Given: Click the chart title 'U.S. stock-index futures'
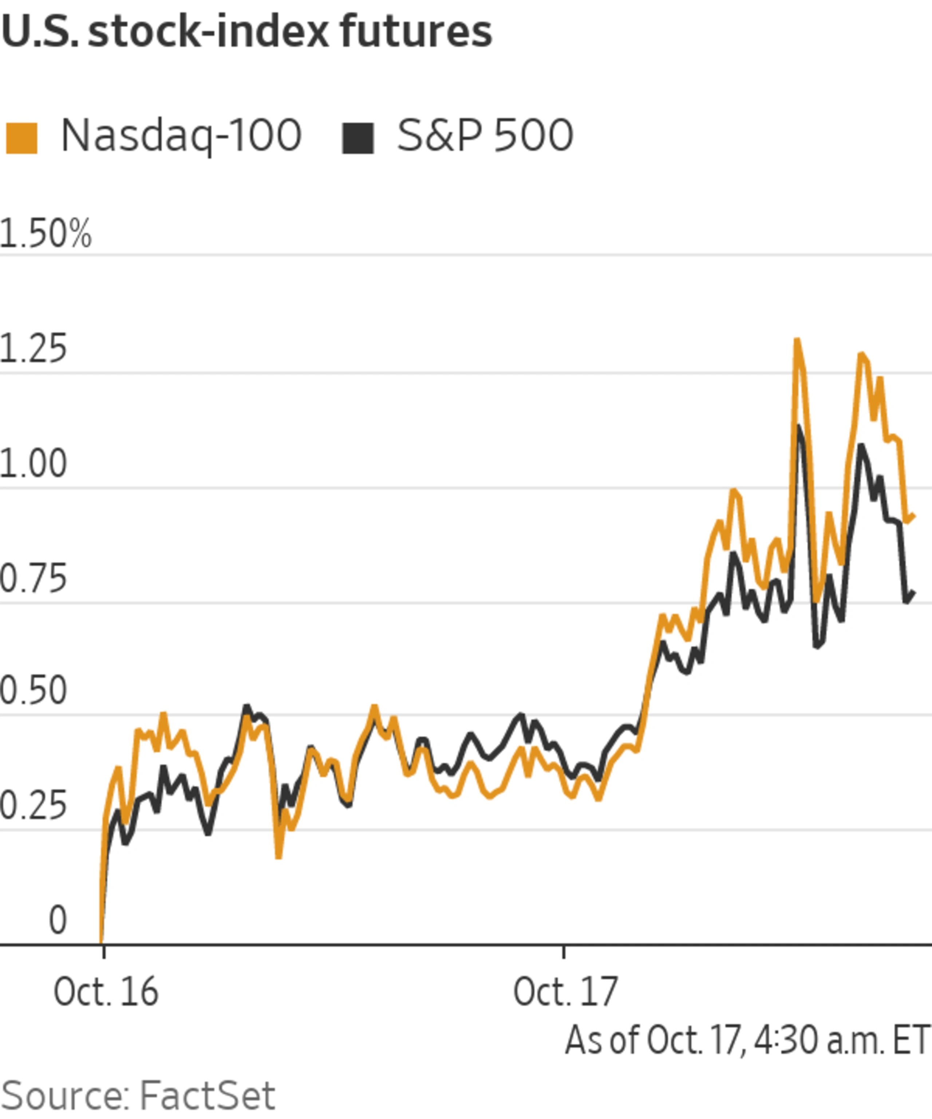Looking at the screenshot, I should click(246, 32).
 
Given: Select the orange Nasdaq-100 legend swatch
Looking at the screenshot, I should click(22, 138).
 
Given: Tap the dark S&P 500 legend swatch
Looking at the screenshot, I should click(358, 138).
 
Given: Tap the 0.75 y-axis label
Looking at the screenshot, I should click(33, 579).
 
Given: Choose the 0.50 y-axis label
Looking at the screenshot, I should click(33, 691).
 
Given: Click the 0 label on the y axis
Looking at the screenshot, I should click(58, 920).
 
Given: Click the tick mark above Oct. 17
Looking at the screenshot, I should click(564, 952).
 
